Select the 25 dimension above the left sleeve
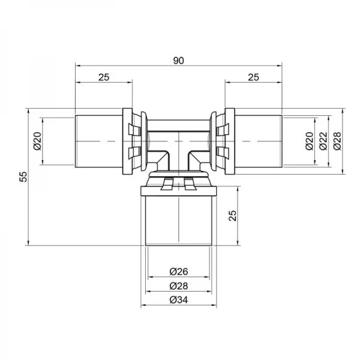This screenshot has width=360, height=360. (103, 77)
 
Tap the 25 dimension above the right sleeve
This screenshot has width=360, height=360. (253, 77)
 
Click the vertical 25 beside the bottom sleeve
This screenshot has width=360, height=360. (233, 215)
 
